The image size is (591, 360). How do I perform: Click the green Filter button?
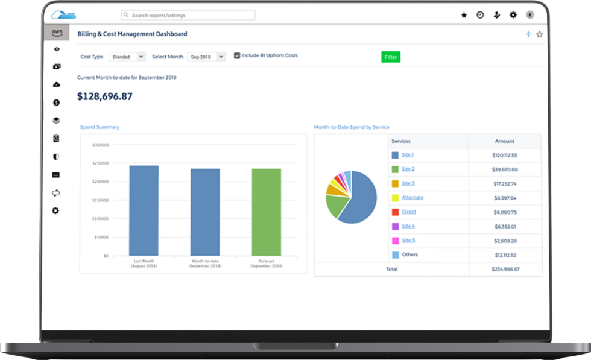[391, 57]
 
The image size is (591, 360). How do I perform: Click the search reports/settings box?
[188, 15]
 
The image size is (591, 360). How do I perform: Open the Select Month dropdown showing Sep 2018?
[206, 57]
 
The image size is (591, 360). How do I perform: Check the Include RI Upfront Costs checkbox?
[237, 55]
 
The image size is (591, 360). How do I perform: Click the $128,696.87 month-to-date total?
[105, 96]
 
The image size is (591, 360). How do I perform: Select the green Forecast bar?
[266, 212]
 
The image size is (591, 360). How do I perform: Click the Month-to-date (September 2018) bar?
[205, 212]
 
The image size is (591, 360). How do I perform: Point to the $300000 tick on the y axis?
[100, 145]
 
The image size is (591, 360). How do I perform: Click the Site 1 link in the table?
[408, 155]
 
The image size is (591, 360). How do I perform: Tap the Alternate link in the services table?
[412, 198]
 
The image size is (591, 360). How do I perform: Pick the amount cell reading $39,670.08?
[505, 169]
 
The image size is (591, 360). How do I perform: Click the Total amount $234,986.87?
[505, 269]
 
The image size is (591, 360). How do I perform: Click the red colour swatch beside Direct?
[395, 212]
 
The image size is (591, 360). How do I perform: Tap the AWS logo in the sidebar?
[57, 33]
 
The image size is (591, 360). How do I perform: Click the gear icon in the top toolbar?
[513, 15]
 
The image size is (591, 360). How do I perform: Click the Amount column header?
[505, 141]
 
